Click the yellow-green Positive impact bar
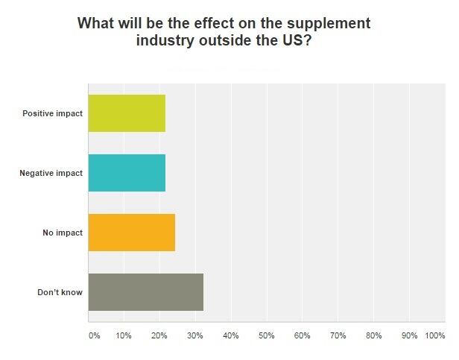[x=127, y=113]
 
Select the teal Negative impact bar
[x=127, y=173]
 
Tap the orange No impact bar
[x=131, y=233]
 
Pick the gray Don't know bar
[x=145, y=292]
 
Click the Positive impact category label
[x=52, y=114]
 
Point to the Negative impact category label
[x=51, y=174]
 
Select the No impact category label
[x=63, y=233]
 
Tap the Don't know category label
[x=60, y=293]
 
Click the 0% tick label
[x=94, y=336]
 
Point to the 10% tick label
[x=124, y=336]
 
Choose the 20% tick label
[x=159, y=336]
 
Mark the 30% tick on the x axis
[x=195, y=336]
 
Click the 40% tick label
[x=231, y=336]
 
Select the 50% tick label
[x=267, y=336]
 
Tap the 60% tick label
[x=303, y=336]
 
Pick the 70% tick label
[x=338, y=336]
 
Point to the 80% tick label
[x=374, y=336]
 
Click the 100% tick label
[x=434, y=336]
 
